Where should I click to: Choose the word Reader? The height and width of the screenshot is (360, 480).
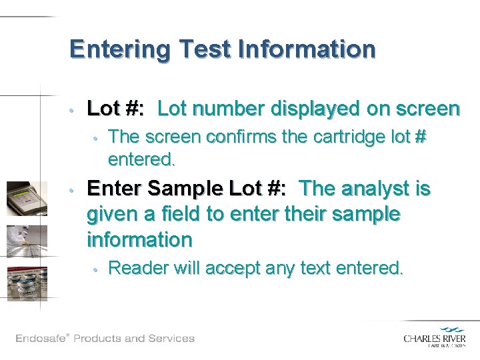(x=137, y=268)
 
